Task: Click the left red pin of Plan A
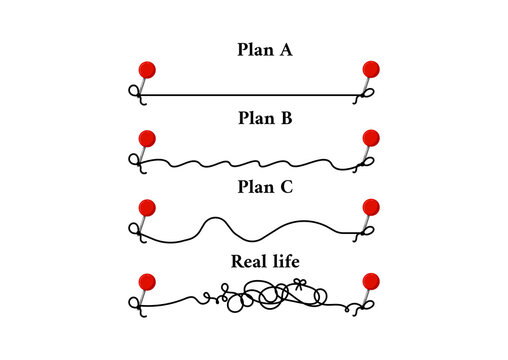tap(146, 70)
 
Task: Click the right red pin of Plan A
tap(371, 69)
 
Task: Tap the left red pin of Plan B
tap(146, 138)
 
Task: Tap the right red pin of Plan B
tap(371, 138)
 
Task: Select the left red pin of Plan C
tap(146, 207)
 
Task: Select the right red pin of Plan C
tap(371, 207)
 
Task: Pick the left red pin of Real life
tap(146, 281)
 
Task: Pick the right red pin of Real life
tap(371, 281)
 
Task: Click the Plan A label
tap(263, 48)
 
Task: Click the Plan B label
tap(263, 117)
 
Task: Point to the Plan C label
tap(263, 186)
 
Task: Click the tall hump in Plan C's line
tap(218, 222)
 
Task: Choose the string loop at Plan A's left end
tap(131, 94)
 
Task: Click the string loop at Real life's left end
tap(131, 304)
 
